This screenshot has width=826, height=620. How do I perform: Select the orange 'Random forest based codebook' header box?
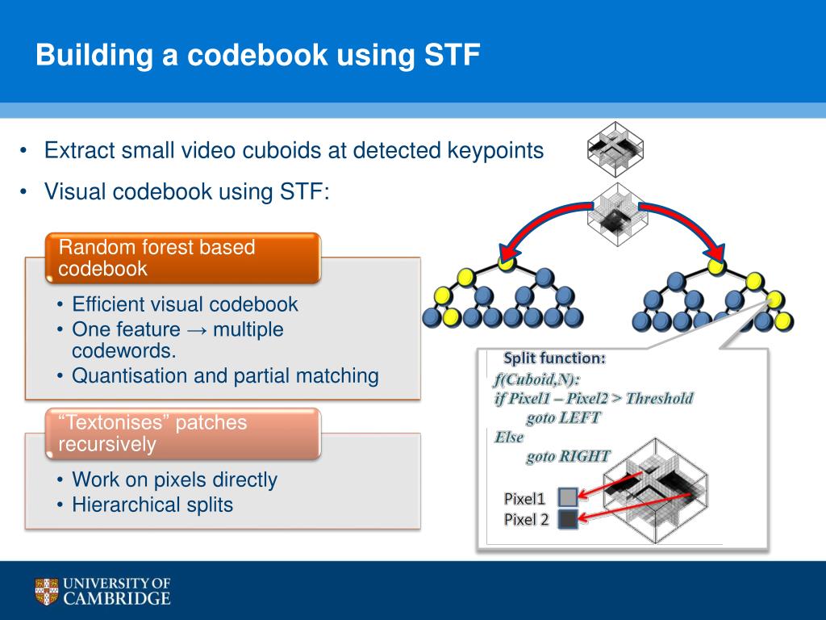click(x=182, y=258)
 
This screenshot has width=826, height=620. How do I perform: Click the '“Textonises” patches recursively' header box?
click(x=182, y=433)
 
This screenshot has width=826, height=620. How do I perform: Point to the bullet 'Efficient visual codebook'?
click(x=185, y=304)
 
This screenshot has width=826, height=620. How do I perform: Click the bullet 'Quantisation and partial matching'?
click(x=225, y=375)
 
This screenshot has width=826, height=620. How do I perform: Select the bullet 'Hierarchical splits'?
click(x=152, y=505)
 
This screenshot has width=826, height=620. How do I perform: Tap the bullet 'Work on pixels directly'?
click(x=174, y=480)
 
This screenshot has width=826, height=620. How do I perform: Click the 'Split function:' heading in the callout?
click(x=554, y=358)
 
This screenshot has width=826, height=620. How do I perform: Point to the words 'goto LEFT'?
click(x=563, y=417)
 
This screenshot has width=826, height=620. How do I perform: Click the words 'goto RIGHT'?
click(x=568, y=456)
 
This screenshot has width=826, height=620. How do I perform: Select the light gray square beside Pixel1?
click(x=567, y=497)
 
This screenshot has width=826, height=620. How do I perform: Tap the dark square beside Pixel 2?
click(x=567, y=519)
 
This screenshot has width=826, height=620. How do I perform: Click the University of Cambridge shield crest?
click(x=47, y=591)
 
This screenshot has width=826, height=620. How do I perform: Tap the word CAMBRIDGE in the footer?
click(x=117, y=598)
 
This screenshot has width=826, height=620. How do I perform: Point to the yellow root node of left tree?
click(x=506, y=260)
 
